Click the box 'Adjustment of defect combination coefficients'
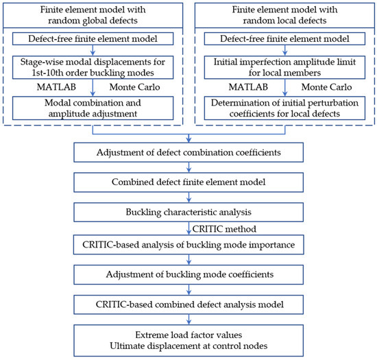coord(188,152)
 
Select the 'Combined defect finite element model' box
coord(188,182)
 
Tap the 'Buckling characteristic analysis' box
coord(188,212)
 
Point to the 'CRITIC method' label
coord(224,229)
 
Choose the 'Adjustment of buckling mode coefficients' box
coord(188,274)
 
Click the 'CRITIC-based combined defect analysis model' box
coord(188,304)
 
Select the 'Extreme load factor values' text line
coord(188,335)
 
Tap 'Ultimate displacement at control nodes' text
coord(188,346)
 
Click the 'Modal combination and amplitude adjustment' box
coord(93,108)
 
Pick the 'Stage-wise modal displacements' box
coord(93,67)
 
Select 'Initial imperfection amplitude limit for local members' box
coord(284,67)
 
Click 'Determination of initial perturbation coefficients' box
coord(284,108)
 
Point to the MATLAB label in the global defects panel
coord(56,87)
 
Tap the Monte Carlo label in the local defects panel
coord(326,87)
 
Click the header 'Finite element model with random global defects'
coord(93,15)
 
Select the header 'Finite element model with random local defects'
coord(284,15)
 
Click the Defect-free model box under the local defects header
coord(284,38)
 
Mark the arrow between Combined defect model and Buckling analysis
coord(188,197)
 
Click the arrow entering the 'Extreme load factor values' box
coord(188,320)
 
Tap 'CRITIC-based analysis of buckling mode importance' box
coord(188,245)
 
